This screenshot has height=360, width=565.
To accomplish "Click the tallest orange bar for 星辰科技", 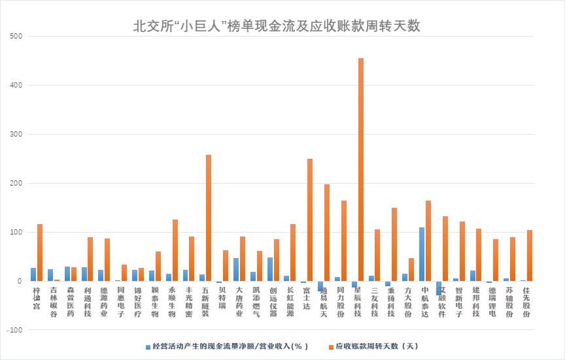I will pyautogui.click(x=361, y=170).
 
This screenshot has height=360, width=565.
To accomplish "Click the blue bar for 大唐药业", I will pyautogui.click(x=236, y=270).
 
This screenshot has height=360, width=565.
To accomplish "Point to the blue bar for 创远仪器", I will pyautogui.click(x=270, y=269).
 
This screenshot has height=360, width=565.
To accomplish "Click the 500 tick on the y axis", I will pyautogui.click(x=16, y=36).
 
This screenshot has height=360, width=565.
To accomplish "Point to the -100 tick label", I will pyautogui.click(x=14, y=330).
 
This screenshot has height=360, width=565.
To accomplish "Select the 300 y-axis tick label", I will pyautogui.click(x=16, y=134).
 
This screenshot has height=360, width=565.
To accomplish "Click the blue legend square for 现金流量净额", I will pyautogui.click(x=148, y=346).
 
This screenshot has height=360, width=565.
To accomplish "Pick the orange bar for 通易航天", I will pyautogui.click(x=327, y=233).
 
